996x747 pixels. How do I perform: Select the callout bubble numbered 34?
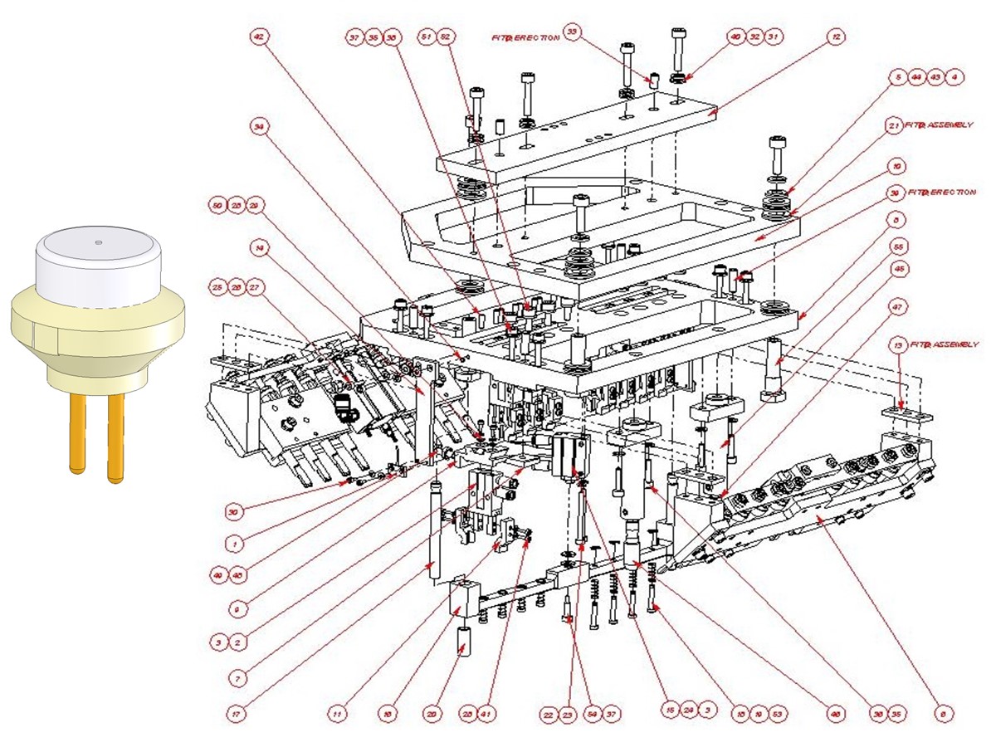coord(260,126)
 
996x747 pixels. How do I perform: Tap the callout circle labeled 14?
coord(260,247)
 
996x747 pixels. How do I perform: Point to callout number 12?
coord(836,37)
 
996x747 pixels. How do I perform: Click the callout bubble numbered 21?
coord(894,125)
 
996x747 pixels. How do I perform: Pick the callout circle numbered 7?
coord(237,678)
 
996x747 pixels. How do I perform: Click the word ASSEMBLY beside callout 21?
coord(946,125)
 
